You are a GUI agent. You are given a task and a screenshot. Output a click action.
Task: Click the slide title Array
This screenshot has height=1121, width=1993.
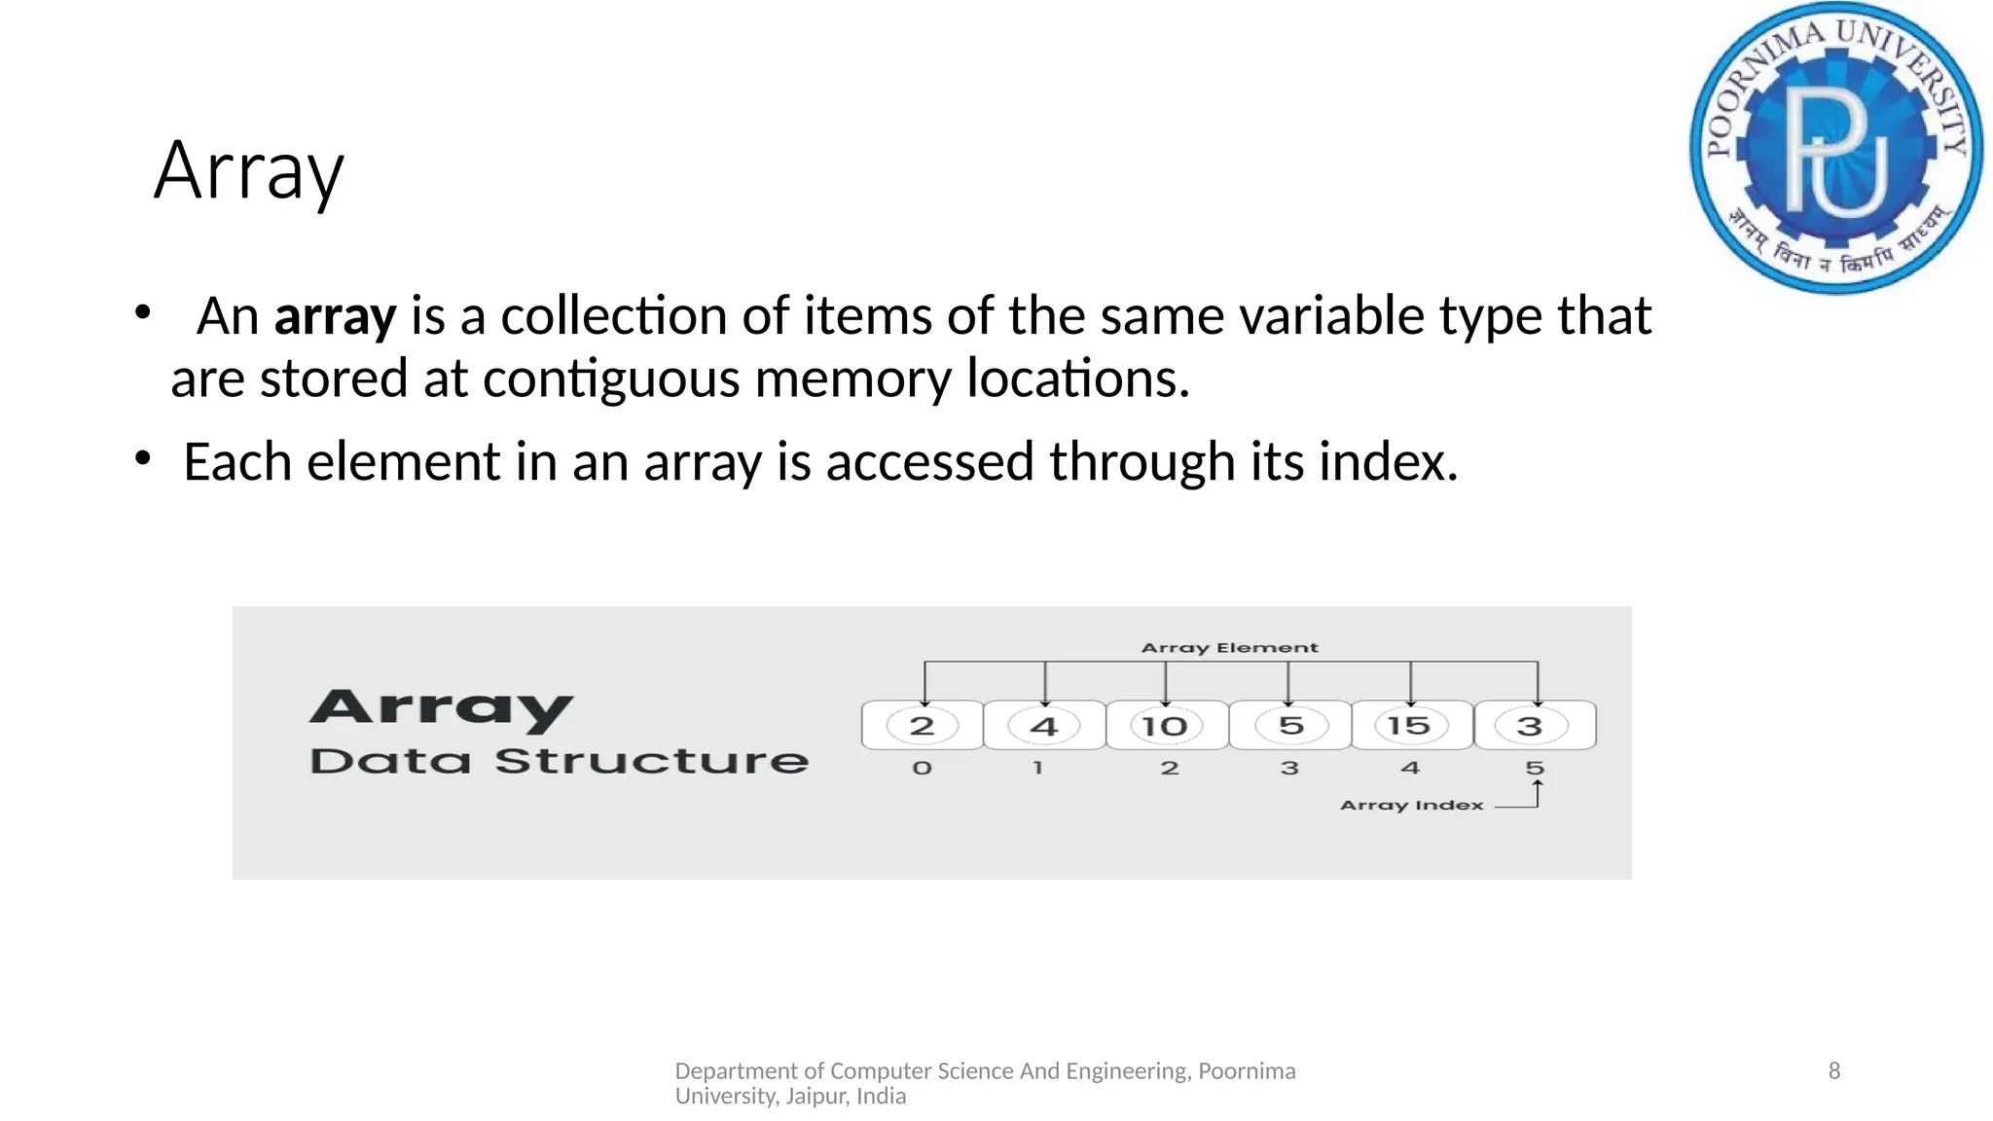point(249,171)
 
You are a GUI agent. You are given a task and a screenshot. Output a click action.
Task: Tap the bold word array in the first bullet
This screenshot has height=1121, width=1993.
point(335,317)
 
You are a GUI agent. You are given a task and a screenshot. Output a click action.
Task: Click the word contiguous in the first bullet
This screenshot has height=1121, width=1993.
point(611,379)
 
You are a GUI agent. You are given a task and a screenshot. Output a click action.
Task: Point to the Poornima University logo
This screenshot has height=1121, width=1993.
point(1835,148)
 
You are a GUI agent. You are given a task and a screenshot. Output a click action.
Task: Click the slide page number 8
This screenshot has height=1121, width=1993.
point(1834,1070)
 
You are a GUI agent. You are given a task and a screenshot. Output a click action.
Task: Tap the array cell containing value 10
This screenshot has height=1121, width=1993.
point(1166,726)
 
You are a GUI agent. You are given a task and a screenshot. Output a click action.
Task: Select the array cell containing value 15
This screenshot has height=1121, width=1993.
point(1410,726)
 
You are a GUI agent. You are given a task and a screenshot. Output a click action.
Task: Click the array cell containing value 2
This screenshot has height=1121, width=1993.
point(922,726)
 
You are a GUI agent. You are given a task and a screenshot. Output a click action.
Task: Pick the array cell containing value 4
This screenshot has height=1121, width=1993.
point(1043,726)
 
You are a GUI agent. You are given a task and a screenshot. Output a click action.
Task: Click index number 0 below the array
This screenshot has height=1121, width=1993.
point(922,768)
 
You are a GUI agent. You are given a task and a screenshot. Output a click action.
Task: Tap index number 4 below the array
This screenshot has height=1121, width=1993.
point(1410,768)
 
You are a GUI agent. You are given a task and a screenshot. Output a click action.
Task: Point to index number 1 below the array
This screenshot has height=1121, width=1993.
point(1038,768)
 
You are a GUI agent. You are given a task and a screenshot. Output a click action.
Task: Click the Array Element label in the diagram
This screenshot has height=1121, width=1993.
point(1229,648)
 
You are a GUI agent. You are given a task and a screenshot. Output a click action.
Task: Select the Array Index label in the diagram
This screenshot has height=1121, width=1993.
point(1411,805)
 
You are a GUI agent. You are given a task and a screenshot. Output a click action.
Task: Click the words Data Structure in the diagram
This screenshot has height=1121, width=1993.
point(559,761)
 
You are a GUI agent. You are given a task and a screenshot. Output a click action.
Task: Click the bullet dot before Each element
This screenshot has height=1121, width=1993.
point(143,457)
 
